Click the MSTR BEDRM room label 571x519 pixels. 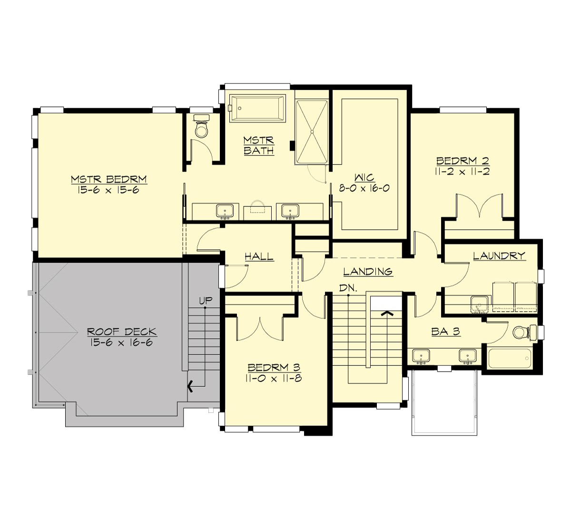pyautogui.click(x=109, y=179)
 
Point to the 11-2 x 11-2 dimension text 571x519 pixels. pyautogui.click(x=463, y=171)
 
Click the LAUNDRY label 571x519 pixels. pyautogui.click(x=499, y=256)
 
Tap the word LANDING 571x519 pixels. pyautogui.click(x=368, y=272)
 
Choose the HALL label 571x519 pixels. pyautogui.click(x=259, y=257)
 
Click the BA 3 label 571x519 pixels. pyautogui.click(x=445, y=332)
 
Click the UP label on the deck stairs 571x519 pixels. pyautogui.click(x=205, y=300)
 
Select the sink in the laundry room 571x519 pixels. pyautogui.click(x=478, y=303)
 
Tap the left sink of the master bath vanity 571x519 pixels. pyautogui.click(x=224, y=210)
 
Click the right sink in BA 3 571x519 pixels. pyautogui.click(x=467, y=355)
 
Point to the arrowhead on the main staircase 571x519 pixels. pyautogui.click(x=388, y=313)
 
